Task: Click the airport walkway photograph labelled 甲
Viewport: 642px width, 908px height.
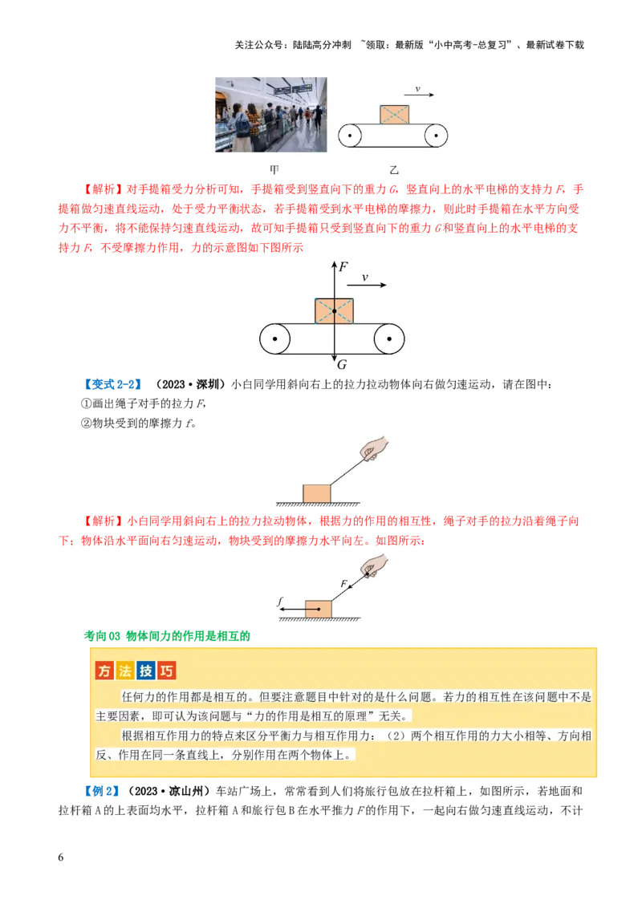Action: pyautogui.click(x=269, y=115)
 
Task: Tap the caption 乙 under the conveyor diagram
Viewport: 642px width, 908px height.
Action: pyautogui.click(x=393, y=170)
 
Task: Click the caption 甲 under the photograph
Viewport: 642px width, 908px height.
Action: pyautogui.click(x=274, y=170)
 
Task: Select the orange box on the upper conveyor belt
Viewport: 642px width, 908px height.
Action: pyautogui.click(x=394, y=115)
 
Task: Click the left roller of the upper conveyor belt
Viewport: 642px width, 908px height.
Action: pyautogui.click(x=351, y=136)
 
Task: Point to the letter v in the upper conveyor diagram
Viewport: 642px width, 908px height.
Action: pyautogui.click(x=417, y=88)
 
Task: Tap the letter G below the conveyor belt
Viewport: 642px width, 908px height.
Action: pyautogui.click(x=342, y=365)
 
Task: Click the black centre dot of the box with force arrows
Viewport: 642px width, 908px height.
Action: pyautogui.click(x=334, y=310)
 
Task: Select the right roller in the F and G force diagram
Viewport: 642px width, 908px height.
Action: pyautogui.click(x=389, y=338)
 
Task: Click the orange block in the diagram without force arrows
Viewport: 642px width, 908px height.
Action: pyautogui.click(x=317, y=493)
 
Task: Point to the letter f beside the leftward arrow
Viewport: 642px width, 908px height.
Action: pyautogui.click(x=279, y=602)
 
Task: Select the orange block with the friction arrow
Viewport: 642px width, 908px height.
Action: pyautogui.click(x=319, y=609)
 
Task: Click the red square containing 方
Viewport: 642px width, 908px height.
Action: pyautogui.click(x=104, y=671)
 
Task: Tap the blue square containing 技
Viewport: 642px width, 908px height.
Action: pyautogui.click(x=146, y=671)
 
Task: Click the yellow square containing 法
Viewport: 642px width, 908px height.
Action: pyautogui.click(x=125, y=671)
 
